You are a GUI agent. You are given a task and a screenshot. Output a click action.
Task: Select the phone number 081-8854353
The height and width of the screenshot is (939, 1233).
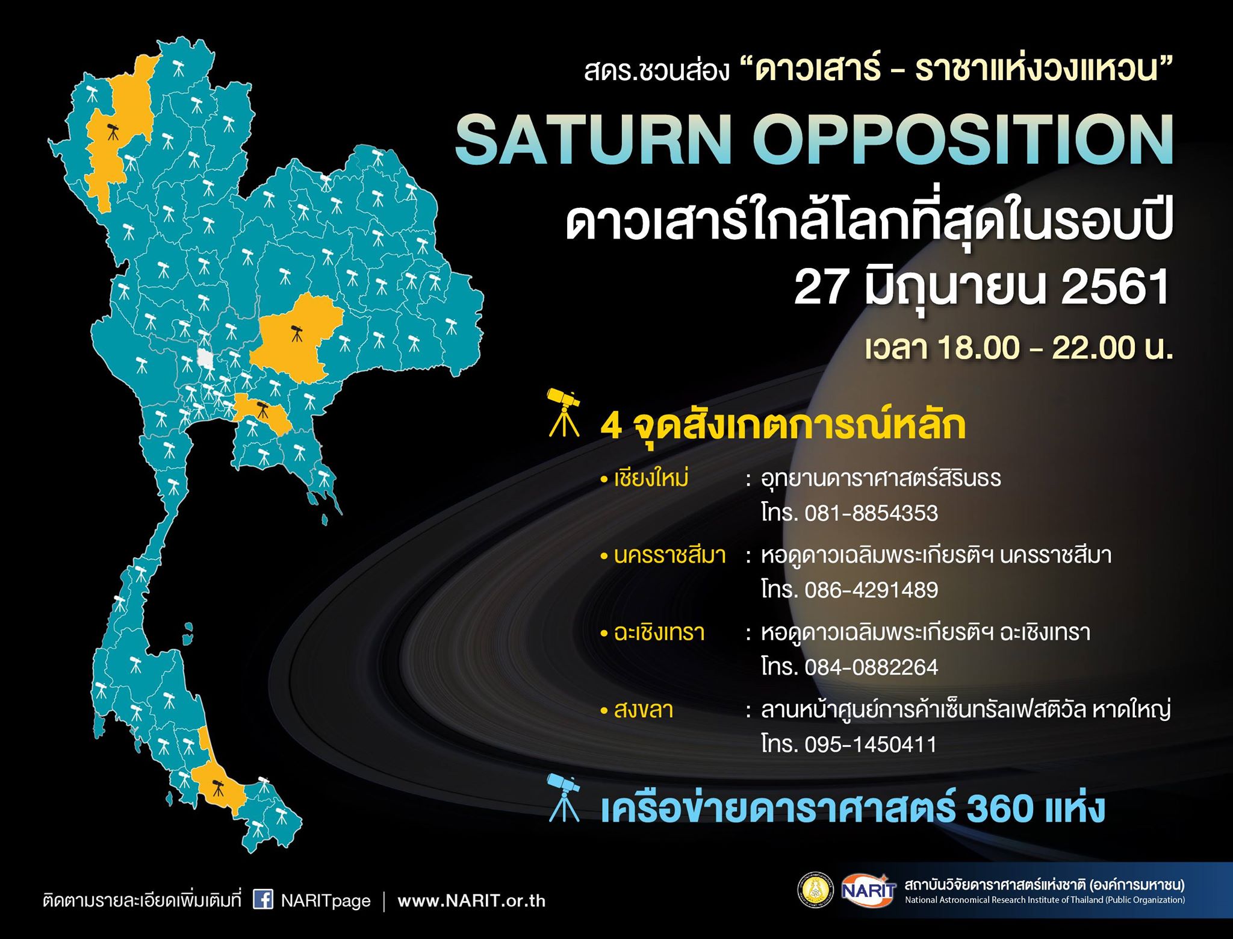tap(871, 513)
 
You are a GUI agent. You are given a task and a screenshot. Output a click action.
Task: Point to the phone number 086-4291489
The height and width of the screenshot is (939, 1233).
tap(871, 590)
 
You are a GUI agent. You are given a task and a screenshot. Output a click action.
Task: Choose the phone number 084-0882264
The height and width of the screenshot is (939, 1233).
tap(871, 667)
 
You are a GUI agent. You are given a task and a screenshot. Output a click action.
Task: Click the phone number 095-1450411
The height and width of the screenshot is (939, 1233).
tap(871, 744)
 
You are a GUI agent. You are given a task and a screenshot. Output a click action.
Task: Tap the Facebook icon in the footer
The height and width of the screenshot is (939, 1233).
tap(262, 899)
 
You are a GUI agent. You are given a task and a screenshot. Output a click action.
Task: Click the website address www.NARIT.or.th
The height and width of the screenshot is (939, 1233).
tap(471, 901)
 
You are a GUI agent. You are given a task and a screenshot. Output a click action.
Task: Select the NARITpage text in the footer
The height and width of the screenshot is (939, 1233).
tap(326, 901)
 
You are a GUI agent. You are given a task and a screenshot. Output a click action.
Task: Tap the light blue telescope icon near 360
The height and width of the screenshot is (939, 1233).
tap(564, 798)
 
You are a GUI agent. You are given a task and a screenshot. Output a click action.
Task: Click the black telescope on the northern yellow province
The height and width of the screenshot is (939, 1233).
tap(113, 131)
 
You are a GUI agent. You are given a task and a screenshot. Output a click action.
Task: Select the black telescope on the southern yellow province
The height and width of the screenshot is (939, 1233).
tap(218, 787)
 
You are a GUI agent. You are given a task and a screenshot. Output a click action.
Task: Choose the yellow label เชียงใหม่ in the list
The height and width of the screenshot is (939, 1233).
tap(651, 478)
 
